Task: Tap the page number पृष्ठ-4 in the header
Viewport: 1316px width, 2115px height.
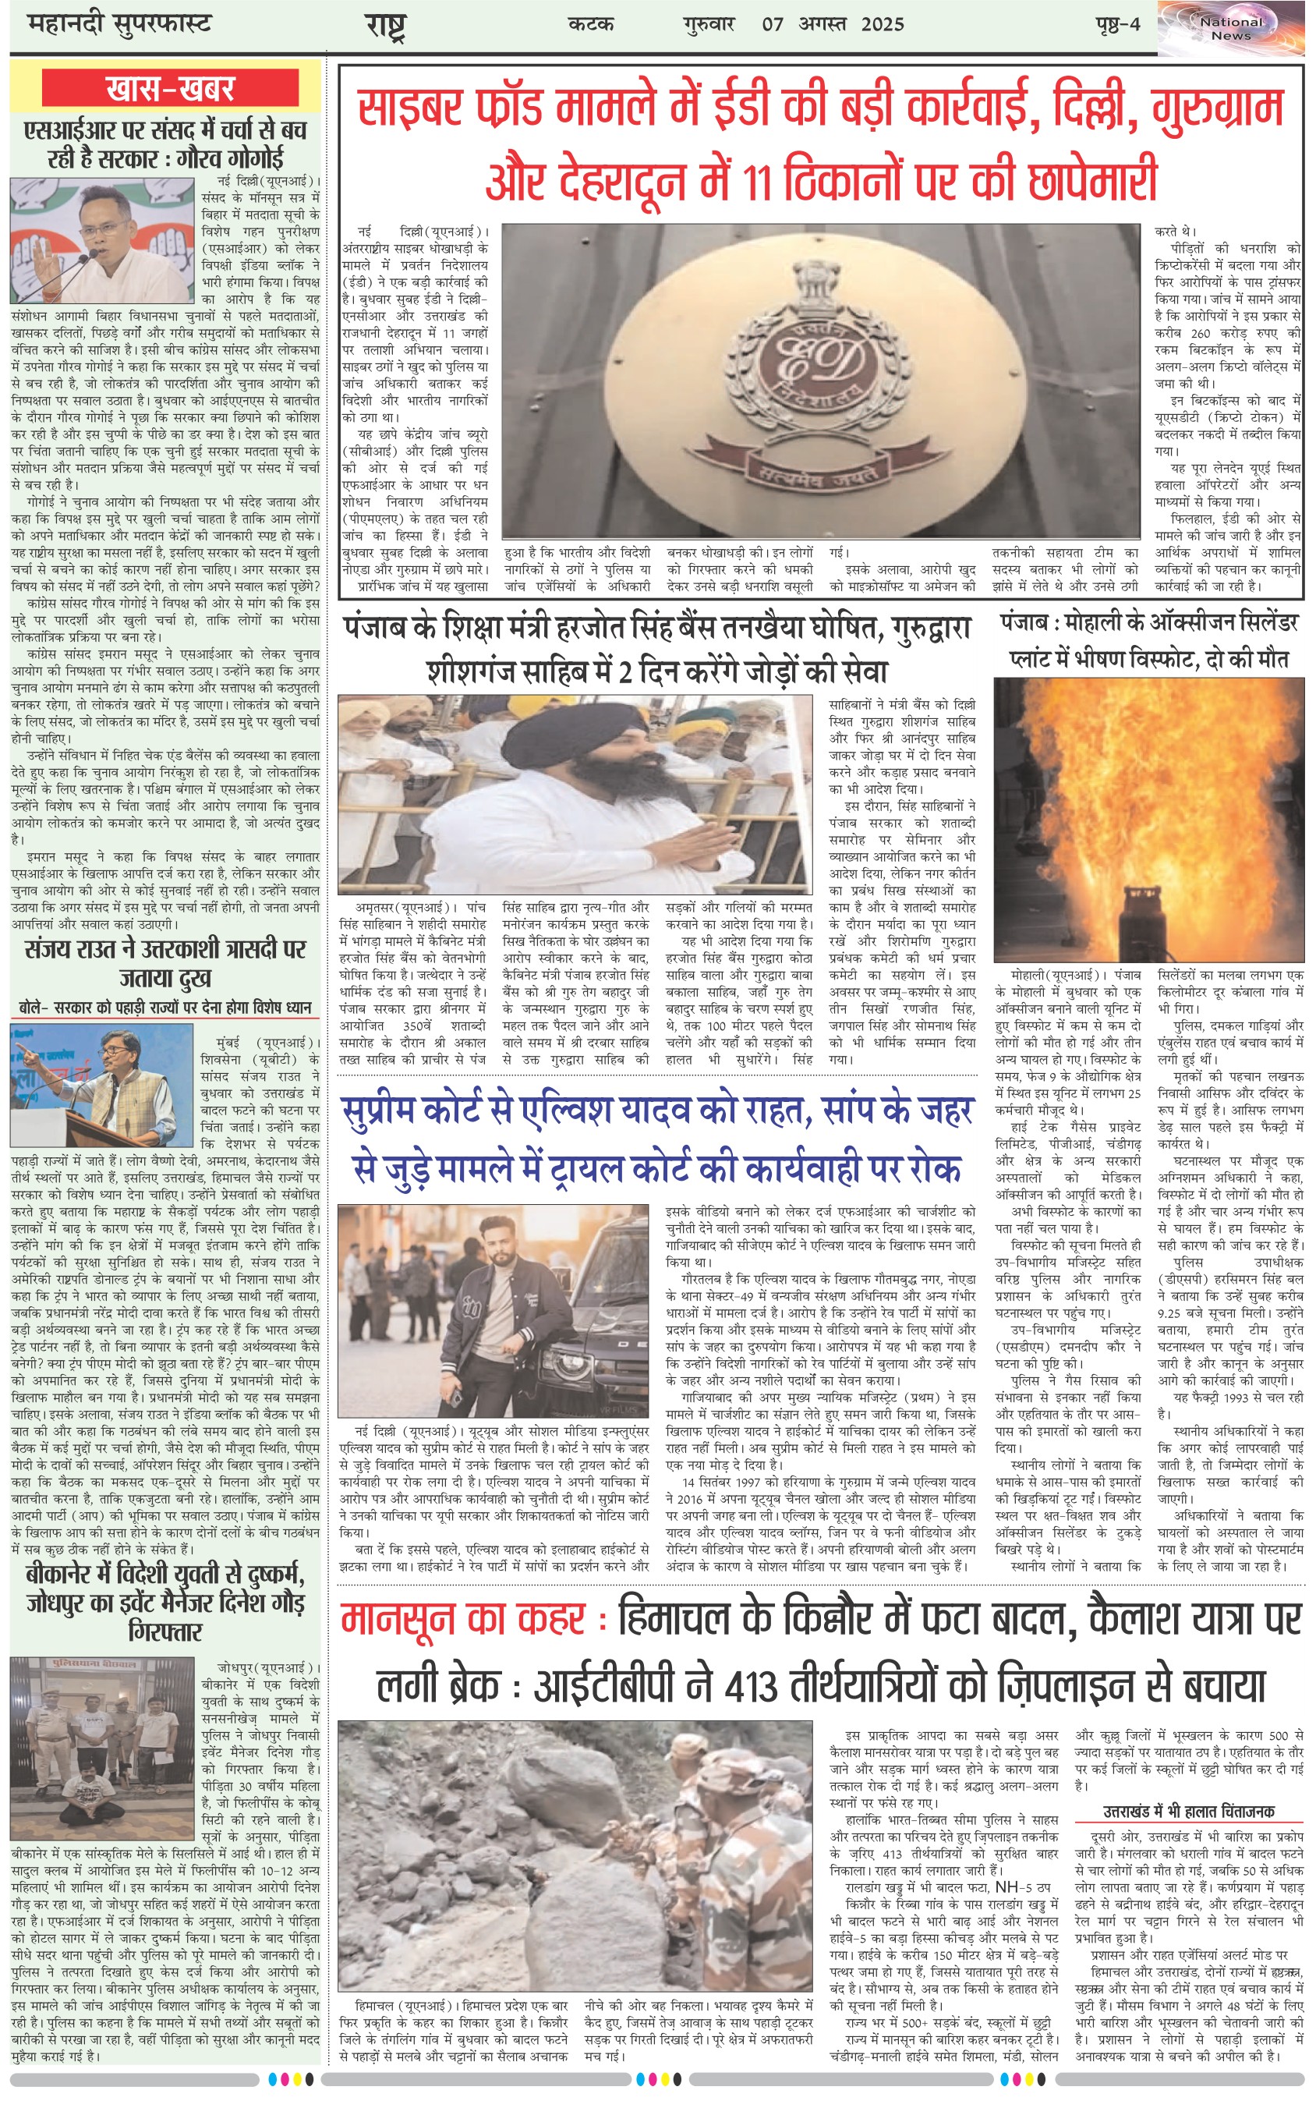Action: point(1117,23)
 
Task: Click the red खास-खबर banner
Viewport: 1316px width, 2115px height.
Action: point(171,89)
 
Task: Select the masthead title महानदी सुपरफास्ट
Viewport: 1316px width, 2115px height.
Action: point(119,23)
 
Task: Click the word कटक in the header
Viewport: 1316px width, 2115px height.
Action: point(591,23)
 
